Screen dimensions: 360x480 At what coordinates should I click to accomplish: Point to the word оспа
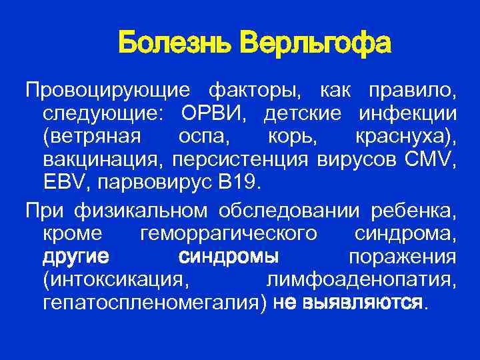[x=198, y=136]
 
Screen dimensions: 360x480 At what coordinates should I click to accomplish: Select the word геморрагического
[x=229, y=234]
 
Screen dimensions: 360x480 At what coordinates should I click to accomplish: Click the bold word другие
[x=76, y=257]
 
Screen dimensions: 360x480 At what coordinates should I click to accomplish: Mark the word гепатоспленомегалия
[x=154, y=304]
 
